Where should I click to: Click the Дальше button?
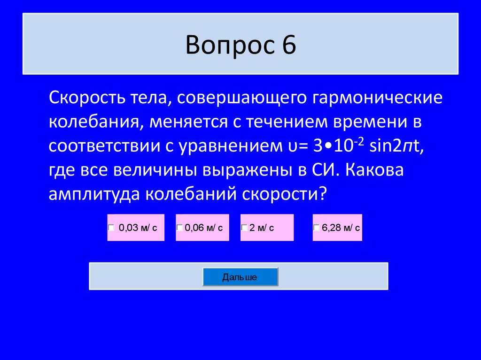[x=240, y=277]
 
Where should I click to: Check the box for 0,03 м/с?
[x=111, y=228]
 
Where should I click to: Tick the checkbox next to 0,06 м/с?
[x=179, y=228]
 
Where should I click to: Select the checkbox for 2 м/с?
[x=244, y=228]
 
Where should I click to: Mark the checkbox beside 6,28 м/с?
[x=317, y=228]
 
